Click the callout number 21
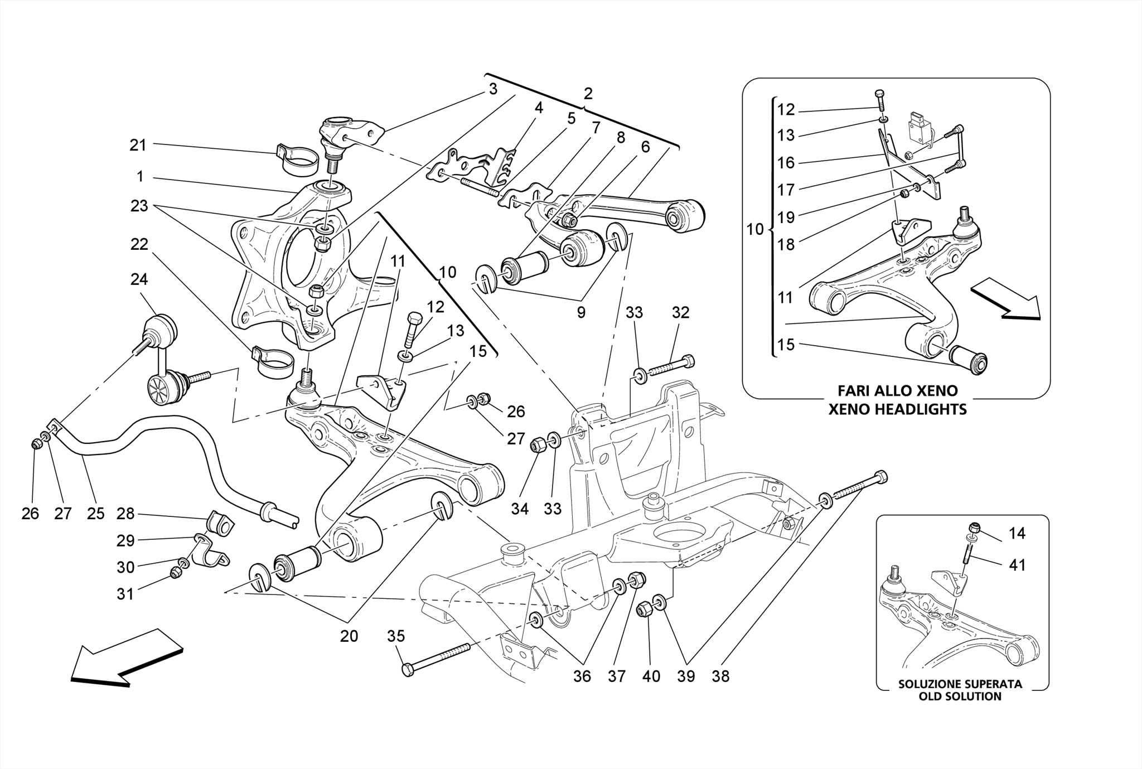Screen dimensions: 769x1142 137,146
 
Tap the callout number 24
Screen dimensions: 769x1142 139,279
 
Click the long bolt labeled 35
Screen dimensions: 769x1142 438,657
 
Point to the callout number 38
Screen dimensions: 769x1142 720,676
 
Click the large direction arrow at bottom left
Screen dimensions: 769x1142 127,659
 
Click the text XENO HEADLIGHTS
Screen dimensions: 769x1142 897,409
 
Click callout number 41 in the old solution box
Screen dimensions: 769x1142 1017,565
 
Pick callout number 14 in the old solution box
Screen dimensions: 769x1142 1017,534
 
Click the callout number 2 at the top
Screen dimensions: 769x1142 588,94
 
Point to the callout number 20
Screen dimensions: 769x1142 349,636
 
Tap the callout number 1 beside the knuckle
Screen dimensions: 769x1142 140,177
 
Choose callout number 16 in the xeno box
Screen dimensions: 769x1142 786,163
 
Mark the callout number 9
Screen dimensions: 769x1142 581,312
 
